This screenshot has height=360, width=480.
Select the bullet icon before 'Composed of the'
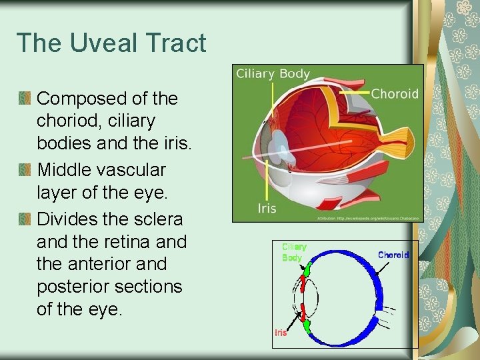pyautogui.click(x=25, y=99)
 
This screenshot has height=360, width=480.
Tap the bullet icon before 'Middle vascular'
pyautogui.click(x=25, y=170)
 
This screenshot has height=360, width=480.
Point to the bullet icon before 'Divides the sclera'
pyautogui.click(x=25, y=219)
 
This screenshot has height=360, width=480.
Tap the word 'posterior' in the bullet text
pyautogui.click(x=73, y=287)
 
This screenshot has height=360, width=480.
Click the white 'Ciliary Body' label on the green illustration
pyautogui.click(x=273, y=73)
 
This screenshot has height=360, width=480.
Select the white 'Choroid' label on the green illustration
pyautogui.click(x=395, y=94)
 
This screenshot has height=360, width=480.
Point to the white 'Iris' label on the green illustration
pyautogui.click(x=267, y=209)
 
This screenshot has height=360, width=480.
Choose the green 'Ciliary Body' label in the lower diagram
pyautogui.click(x=292, y=253)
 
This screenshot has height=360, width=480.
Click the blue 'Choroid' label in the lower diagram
pyautogui.click(x=393, y=255)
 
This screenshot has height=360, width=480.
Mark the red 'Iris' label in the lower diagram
pyautogui.click(x=281, y=333)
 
